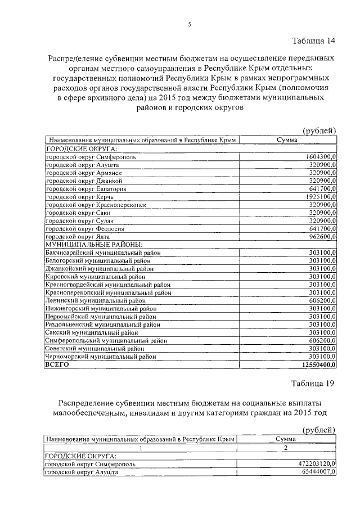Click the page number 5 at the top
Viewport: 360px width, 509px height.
(x=189, y=24)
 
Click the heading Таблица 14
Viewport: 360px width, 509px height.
(x=313, y=40)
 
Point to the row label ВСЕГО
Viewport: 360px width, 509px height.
(x=57, y=364)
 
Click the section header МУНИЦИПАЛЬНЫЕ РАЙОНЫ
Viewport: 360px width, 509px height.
(x=93, y=245)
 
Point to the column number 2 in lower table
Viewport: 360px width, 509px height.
(x=286, y=447)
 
